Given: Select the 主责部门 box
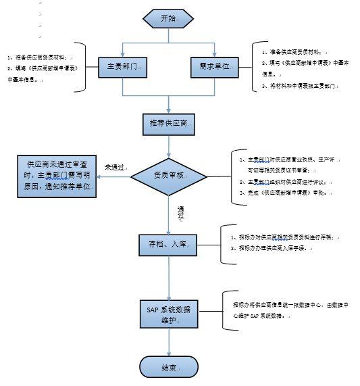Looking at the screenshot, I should [x=122, y=68].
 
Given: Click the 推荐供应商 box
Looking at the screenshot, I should [x=169, y=123].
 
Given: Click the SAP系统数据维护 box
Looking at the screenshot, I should [x=169, y=314].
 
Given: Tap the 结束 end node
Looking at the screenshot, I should [x=169, y=367].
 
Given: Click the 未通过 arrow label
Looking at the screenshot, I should [x=115, y=166].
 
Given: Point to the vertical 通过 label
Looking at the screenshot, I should [x=180, y=214].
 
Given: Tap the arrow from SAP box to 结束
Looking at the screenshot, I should [x=169, y=342].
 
